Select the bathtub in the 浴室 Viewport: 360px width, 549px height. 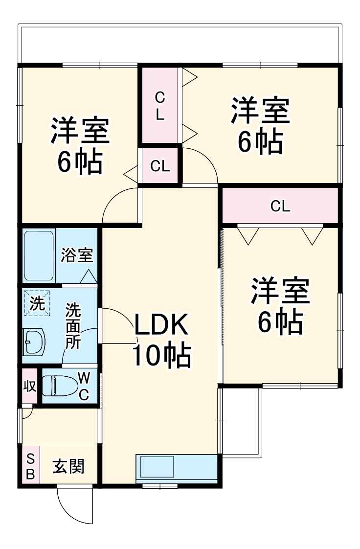[39, 255]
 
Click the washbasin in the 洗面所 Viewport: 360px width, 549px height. [34, 341]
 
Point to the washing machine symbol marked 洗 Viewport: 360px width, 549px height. [36, 304]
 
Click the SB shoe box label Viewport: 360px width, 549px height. [30, 466]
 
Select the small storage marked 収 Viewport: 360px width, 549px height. [29, 386]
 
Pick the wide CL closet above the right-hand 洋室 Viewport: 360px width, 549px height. [280, 206]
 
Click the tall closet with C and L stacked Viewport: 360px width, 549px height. [160, 106]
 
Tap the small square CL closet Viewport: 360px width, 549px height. [160, 166]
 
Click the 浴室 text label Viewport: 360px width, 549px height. [77, 255]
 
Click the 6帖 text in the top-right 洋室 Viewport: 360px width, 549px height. [260, 141]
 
